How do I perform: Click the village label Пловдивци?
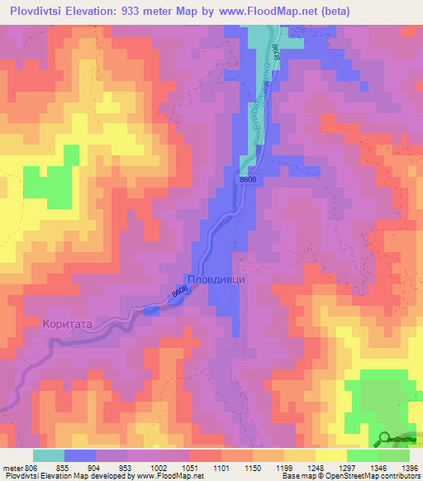coord(216,279)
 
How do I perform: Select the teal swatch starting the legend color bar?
coord(48,455)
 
